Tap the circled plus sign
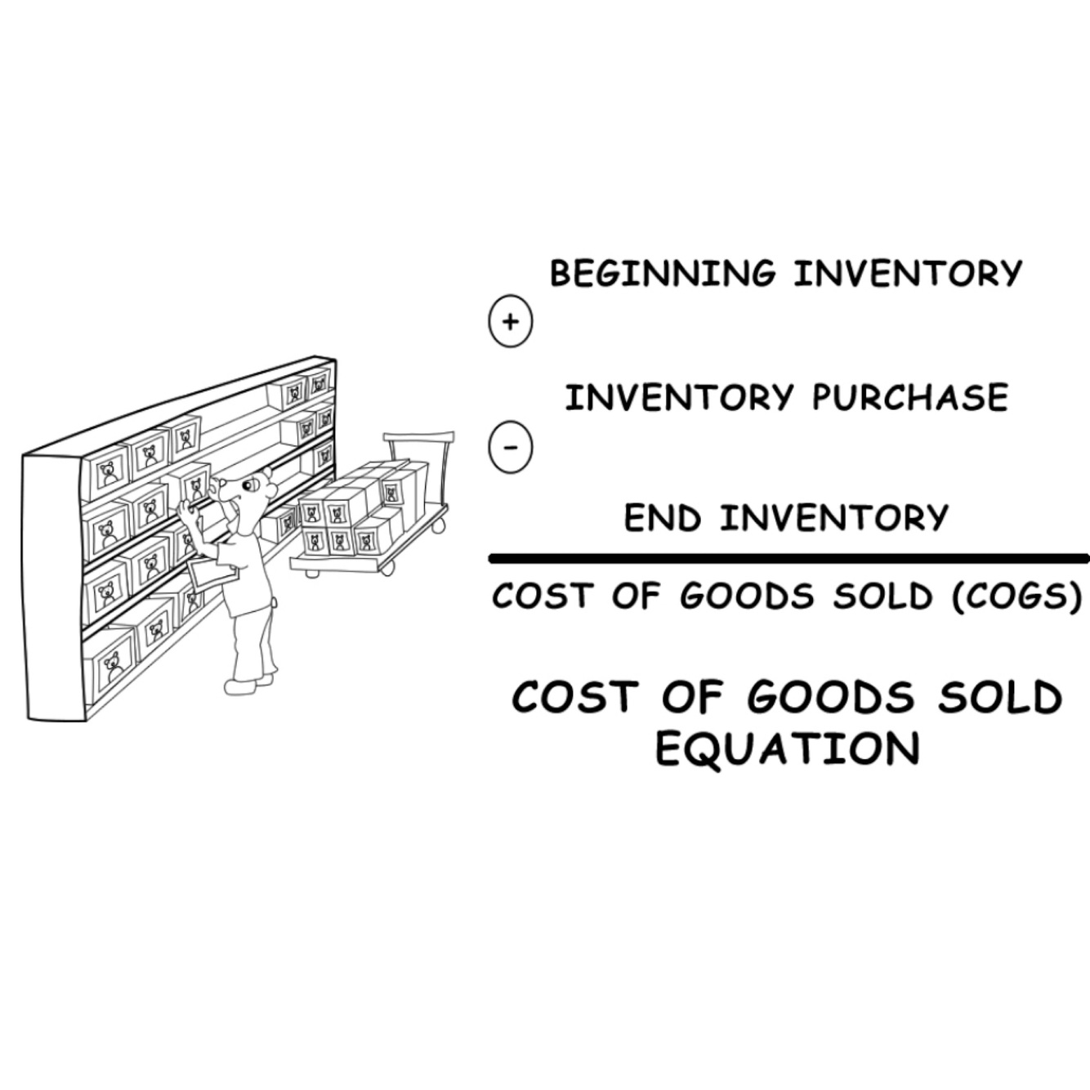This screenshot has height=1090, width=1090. (x=510, y=321)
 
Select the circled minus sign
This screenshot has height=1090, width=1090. (x=510, y=447)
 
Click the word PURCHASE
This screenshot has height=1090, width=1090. (x=909, y=398)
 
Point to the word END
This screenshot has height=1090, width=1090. (x=662, y=518)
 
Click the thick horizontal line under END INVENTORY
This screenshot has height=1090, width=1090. (x=788, y=559)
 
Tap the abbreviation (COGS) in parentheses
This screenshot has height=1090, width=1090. (x=1016, y=596)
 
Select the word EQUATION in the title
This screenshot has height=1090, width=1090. (x=788, y=748)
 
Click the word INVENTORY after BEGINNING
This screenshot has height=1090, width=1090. (x=907, y=273)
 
